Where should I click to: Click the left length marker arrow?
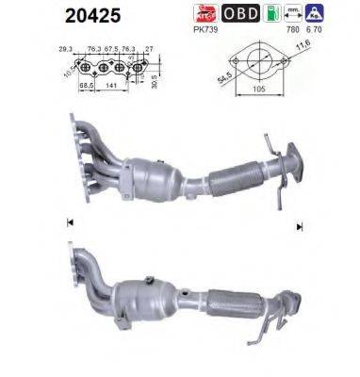(x=69, y=222)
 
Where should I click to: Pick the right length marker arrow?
(x=299, y=226)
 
